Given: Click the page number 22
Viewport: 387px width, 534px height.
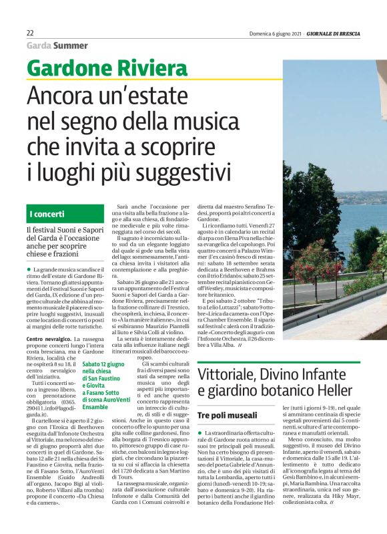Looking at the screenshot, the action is click(x=30, y=33).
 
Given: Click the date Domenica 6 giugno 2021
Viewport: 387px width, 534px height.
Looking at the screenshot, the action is click(x=280, y=33).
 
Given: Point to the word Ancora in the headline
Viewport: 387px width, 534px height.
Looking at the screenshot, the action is click(x=67, y=97).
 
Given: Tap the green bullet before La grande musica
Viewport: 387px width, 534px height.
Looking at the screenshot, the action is click(x=29, y=269).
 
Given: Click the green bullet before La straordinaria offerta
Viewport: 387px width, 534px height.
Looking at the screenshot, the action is click(x=200, y=434).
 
